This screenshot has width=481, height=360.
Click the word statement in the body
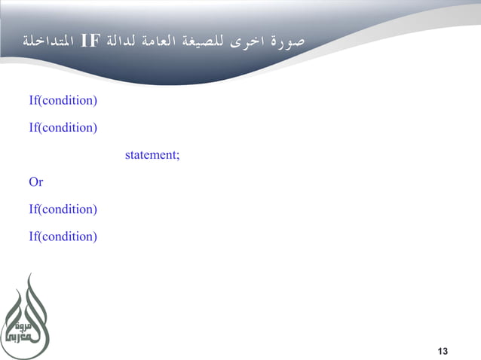149,155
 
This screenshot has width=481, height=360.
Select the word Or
35,182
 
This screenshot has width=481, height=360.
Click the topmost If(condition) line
63,100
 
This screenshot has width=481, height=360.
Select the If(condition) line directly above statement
63,127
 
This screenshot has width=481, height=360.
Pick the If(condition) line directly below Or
63,209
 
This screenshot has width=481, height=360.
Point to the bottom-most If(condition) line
63,236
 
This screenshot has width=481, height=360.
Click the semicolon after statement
178,156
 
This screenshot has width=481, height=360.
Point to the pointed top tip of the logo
29,275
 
